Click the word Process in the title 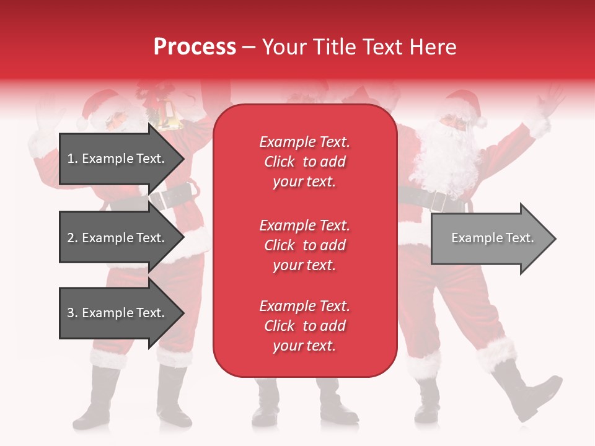(x=195, y=47)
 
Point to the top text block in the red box (x=304, y=162)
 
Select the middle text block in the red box (x=304, y=245)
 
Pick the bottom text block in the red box (x=304, y=326)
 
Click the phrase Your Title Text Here (x=359, y=47)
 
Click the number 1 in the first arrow (x=70, y=159)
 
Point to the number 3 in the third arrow (x=71, y=313)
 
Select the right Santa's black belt (x=428, y=199)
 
